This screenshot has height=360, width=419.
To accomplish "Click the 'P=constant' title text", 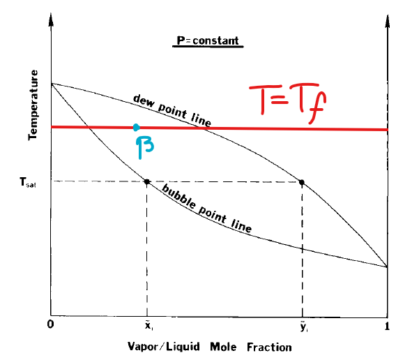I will tap(206, 40).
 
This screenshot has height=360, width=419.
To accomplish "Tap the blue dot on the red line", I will tap(137, 127).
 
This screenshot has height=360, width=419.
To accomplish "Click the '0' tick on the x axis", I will tap(52, 325).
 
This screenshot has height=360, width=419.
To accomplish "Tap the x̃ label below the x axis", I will tap(147, 326).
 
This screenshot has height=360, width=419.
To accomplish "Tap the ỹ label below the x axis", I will tap(302, 326).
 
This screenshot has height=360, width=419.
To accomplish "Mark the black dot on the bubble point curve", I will tap(147, 182).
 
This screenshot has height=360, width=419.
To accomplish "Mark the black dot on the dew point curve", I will tap(302, 182).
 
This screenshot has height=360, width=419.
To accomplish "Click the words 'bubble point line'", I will tap(206, 209).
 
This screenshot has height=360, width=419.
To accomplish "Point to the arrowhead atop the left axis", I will tap(52, 18).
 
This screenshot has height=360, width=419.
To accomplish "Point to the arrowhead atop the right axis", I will tap(388, 18).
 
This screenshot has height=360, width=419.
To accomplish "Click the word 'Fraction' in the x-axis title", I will tap(252, 347).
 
